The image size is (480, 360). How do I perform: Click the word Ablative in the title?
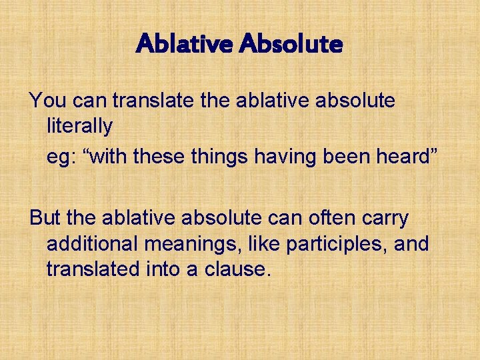coord(183,45)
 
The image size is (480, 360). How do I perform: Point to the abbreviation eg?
coord(60,157)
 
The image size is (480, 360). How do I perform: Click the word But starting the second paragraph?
coord(45,218)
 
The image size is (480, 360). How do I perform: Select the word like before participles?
coord(264,243)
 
